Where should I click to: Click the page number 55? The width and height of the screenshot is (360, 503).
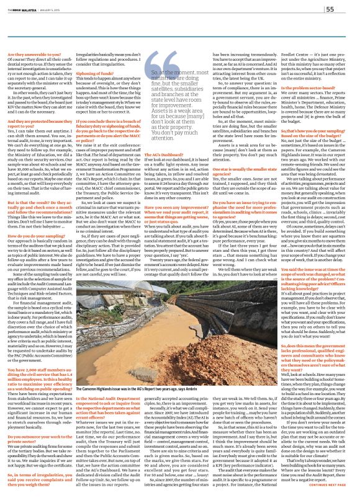(x=348, y=9)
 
